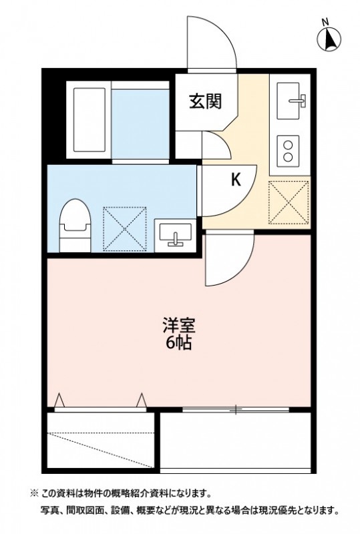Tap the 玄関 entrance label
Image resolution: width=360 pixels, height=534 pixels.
[204, 101]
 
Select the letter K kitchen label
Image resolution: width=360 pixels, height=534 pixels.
[236, 180]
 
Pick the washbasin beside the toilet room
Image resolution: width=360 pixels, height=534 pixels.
[175, 235]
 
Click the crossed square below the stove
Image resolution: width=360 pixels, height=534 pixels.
[289, 202]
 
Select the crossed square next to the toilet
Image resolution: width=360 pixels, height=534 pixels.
[125, 227]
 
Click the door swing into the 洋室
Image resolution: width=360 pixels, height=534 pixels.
[227, 259]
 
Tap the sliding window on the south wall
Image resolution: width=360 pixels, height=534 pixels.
[236, 408]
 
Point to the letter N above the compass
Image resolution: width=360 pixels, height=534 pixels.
[325, 22]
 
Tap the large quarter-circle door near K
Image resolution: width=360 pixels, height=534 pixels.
[227, 190]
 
